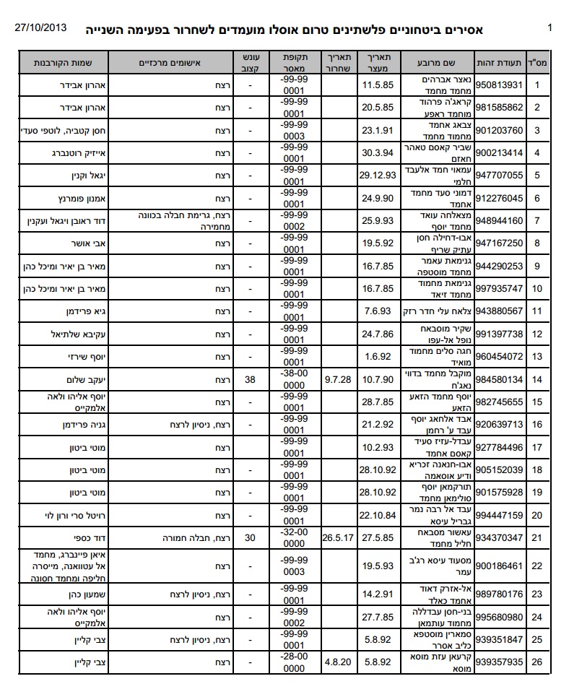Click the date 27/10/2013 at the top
[x=41, y=28]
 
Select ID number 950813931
[x=499, y=85]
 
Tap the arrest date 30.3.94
[x=376, y=152]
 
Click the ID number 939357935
[x=499, y=661]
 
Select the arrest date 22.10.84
[x=376, y=515]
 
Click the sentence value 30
[x=251, y=537]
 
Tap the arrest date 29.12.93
[x=376, y=176]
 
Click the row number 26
[x=537, y=661]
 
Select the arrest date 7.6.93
[x=376, y=311]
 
